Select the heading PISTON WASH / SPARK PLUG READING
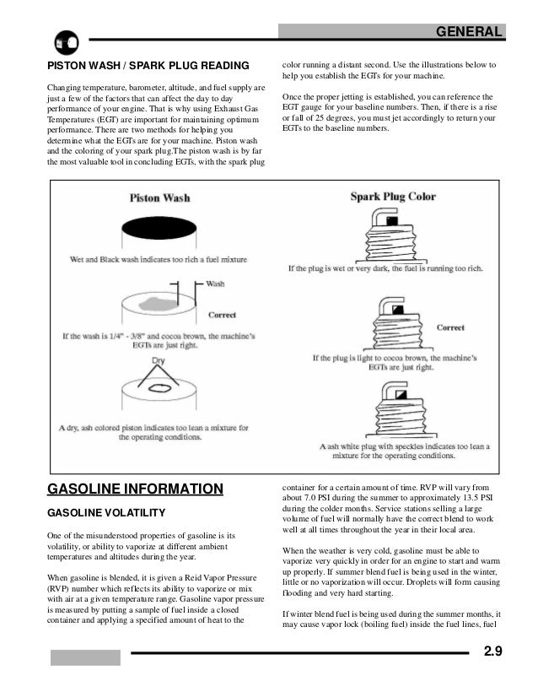[148, 66]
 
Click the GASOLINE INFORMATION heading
[134, 489]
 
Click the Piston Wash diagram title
[159, 199]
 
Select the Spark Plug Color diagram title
[392, 197]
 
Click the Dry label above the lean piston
[158, 360]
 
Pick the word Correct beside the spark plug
[451, 327]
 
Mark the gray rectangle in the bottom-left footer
[84, 657]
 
